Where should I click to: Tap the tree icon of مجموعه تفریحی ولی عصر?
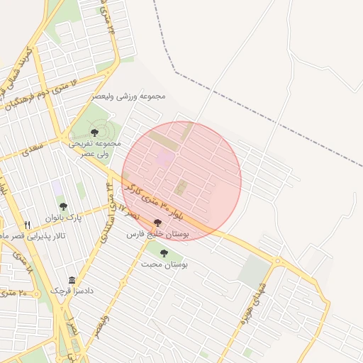coord(94,133)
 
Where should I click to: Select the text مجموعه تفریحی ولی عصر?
coord(94,147)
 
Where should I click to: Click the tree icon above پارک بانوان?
coord(63,206)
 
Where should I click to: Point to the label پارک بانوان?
coord(64,218)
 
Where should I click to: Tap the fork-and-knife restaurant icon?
coord(28,225)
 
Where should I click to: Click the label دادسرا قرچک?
coord(72,291)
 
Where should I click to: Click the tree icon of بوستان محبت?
coord(164,252)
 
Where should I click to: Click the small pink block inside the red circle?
coord(164,158)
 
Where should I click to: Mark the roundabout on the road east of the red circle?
coord(277,262)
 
